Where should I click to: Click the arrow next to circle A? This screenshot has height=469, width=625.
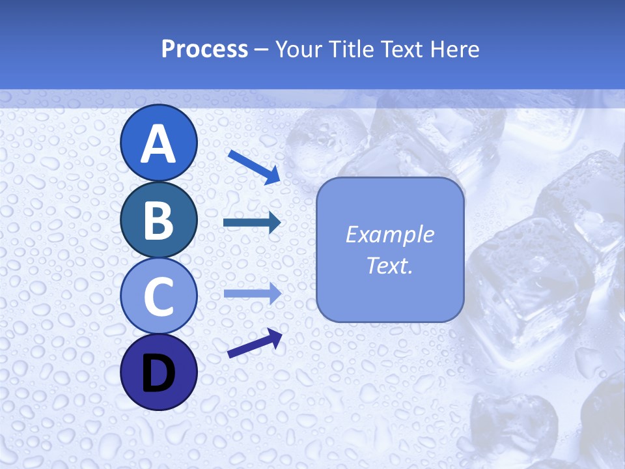click(x=254, y=167)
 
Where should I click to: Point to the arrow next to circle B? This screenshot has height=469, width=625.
click(x=252, y=223)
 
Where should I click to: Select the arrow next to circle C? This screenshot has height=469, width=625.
click(x=253, y=293)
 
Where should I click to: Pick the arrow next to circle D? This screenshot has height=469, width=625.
click(x=255, y=343)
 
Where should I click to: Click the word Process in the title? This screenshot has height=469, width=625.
click(x=204, y=49)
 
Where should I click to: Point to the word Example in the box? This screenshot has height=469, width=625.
click(x=389, y=234)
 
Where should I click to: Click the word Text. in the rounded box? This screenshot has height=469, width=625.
click(x=389, y=265)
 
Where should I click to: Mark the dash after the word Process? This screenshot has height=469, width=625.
click(x=262, y=50)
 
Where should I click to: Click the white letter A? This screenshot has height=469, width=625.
click(x=158, y=144)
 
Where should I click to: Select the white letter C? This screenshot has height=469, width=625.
click(x=158, y=296)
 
